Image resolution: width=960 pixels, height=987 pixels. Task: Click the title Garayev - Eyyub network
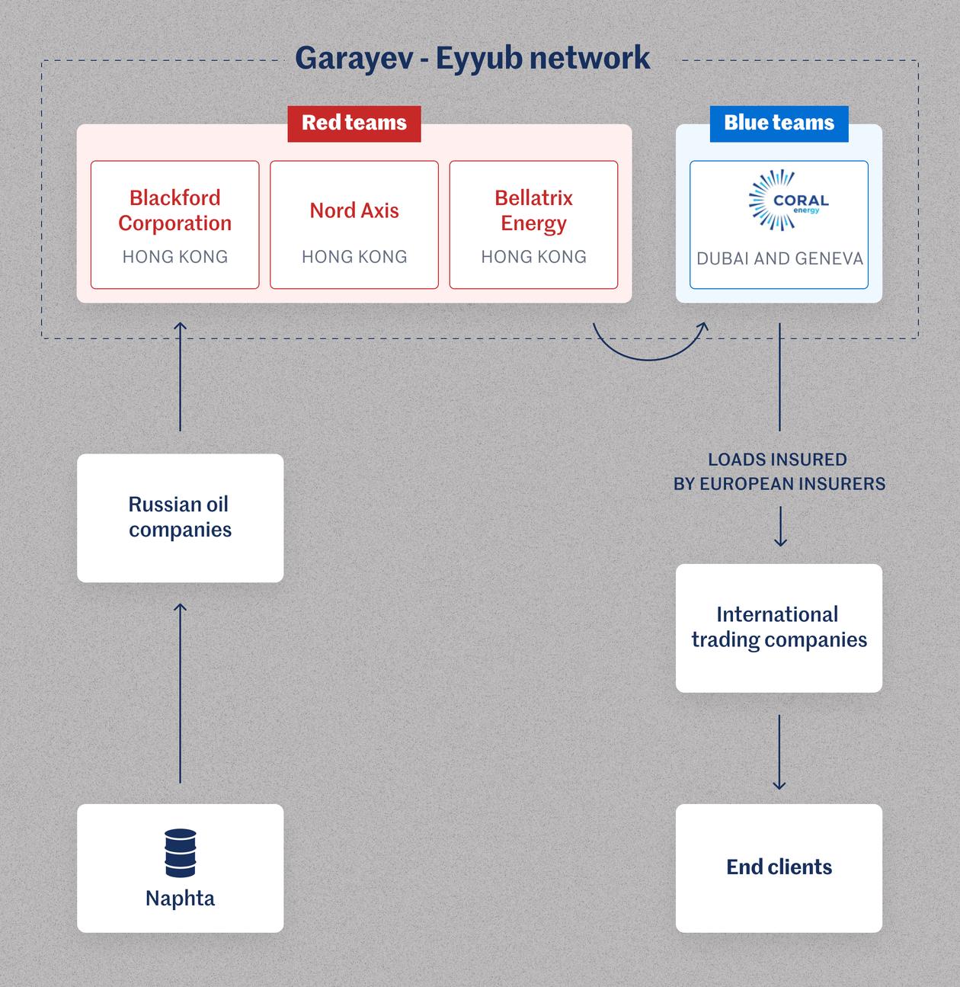tap(472, 58)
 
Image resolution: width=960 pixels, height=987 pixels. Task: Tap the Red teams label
tap(354, 123)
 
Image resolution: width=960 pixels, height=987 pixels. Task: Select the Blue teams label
tap(779, 123)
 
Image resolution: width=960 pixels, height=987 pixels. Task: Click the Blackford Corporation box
tap(174, 224)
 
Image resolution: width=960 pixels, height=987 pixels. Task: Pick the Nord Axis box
tap(354, 224)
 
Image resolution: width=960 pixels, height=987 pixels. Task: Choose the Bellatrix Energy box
tap(533, 224)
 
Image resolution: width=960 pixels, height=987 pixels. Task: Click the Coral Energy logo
tap(785, 200)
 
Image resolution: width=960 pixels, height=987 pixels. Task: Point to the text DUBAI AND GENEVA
tap(779, 259)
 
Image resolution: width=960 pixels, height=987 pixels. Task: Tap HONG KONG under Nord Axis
tap(354, 257)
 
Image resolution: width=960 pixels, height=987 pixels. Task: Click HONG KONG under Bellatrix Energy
tap(533, 257)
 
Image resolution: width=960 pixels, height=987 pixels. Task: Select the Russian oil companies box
tap(180, 518)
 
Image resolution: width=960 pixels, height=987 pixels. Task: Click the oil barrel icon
tap(181, 853)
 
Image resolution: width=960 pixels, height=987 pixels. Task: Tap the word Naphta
tap(181, 899)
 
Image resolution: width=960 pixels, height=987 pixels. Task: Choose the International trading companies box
tap(779, 627)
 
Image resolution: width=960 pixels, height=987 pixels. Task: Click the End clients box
tap(779, 867)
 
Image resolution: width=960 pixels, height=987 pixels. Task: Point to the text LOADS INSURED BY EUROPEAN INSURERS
tap(779, 472)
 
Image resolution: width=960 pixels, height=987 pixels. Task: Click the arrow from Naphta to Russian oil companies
tap(181, 693)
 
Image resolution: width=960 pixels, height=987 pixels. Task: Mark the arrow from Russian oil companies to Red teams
tap(181, 377)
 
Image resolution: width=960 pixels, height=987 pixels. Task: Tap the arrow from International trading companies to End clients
tap(779, 751)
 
